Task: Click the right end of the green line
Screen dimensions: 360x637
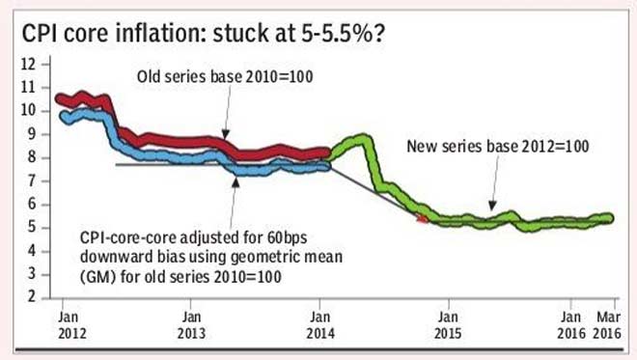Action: [x=610, y=217]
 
